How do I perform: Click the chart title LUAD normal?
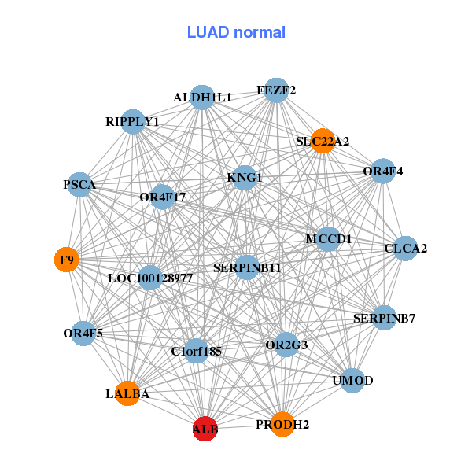236,32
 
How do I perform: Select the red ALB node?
205,430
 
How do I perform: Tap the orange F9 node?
67,259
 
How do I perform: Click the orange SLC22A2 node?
323,142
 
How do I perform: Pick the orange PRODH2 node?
282,425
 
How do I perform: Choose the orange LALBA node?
127,393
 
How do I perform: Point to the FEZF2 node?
275,90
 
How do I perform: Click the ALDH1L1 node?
203,98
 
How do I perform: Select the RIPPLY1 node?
133,122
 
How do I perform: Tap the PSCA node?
79,185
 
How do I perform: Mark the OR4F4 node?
382,171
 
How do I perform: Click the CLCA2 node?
405,249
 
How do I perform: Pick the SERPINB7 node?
384,319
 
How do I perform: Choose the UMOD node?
352,381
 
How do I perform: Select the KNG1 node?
245,178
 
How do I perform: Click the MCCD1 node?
328,238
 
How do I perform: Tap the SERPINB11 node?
247,268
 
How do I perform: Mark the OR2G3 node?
286,345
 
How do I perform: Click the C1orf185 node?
197,352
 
